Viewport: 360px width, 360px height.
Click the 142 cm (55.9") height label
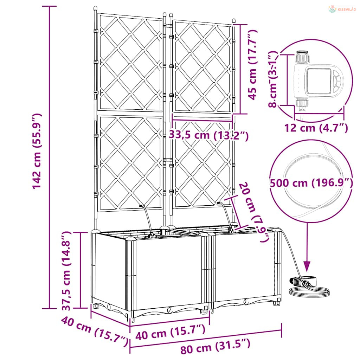[37, 151]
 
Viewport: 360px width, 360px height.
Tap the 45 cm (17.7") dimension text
[253, 65]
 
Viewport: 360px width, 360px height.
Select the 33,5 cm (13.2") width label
[209, 135]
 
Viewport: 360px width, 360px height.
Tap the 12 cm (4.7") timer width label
[316, 128]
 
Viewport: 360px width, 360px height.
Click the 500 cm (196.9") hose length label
[311, 183]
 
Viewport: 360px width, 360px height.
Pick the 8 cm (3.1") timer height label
[273, 79]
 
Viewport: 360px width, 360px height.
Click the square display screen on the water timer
[317, 81]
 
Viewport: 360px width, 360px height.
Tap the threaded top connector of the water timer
[302, 57]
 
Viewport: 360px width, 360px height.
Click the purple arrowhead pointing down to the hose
[307, 266]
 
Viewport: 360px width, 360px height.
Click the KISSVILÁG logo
[342, 9]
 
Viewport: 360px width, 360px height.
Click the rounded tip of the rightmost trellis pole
[234, 20]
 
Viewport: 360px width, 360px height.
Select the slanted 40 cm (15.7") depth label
[95, 331]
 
